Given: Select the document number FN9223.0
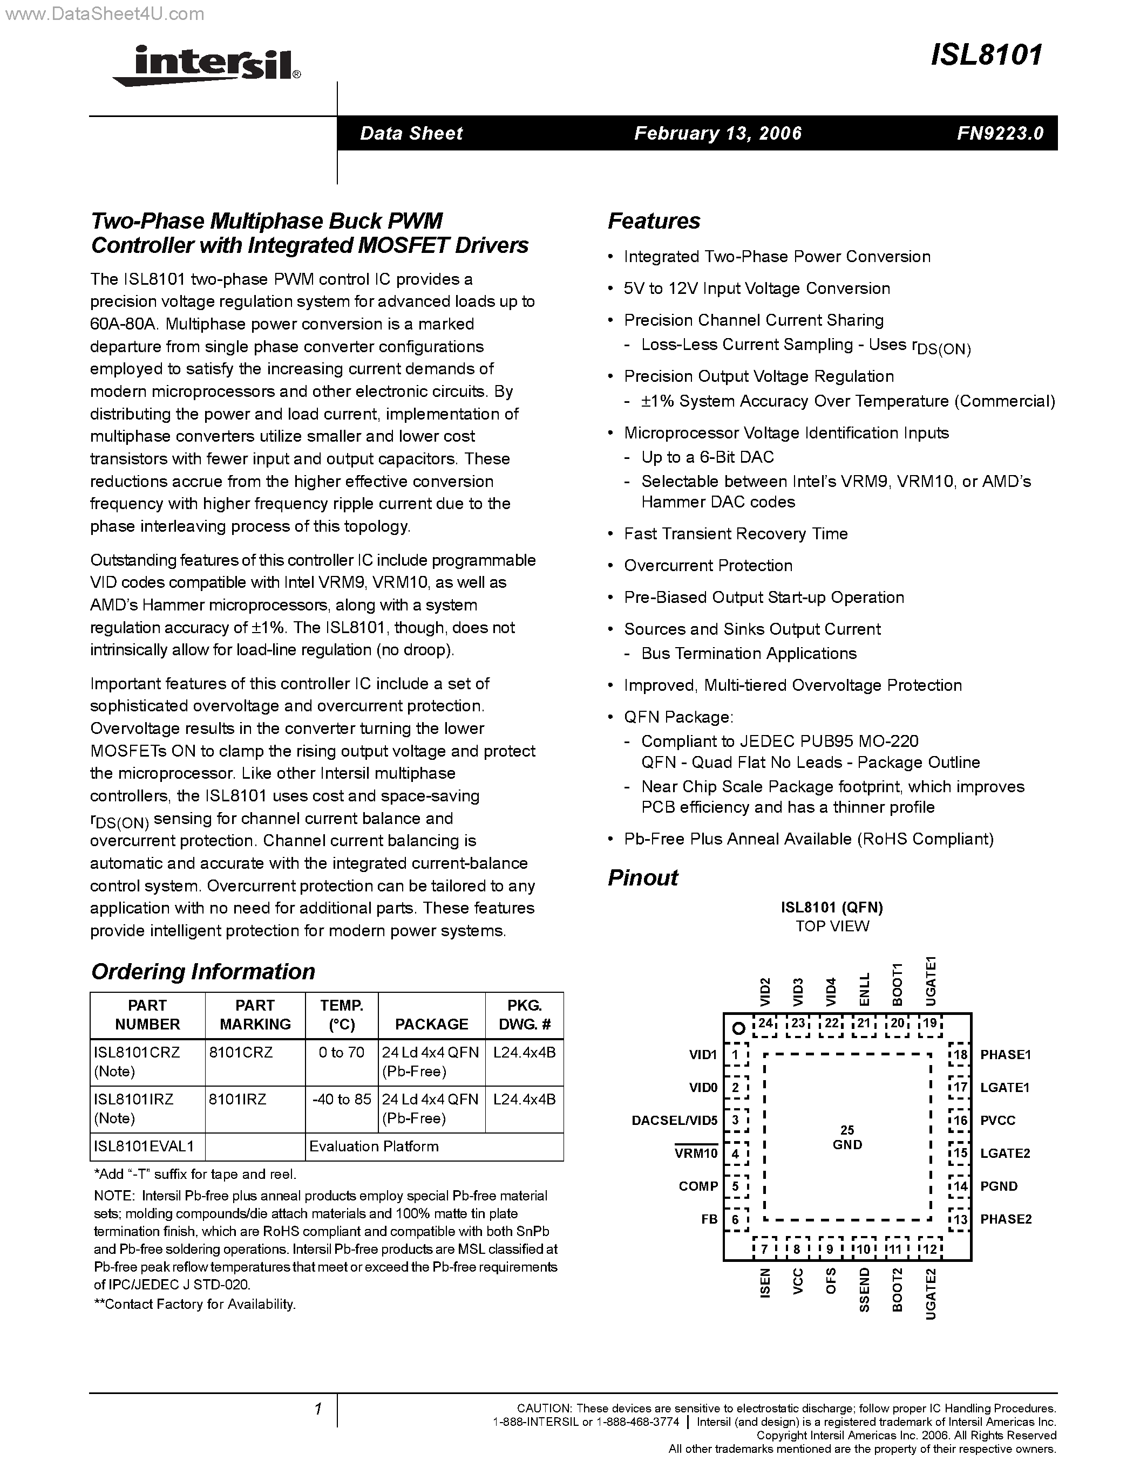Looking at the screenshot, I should click(x=1000, y=133).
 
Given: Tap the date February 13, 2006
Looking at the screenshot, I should click(x=717, y=133).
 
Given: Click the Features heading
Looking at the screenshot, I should click(x=654, y=221).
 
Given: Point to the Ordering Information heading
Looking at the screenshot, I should click(x=202, y=972).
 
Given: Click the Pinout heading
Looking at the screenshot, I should click(x=642, y=878).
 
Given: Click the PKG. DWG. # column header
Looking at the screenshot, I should click(x=524, y=1014).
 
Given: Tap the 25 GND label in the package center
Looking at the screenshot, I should click(x=847, y=1137).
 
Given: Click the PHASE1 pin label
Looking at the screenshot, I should click(x=1006, y=1054).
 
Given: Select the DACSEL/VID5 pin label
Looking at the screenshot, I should click(x=674, y=1121).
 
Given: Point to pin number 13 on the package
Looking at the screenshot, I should click(x=960, y=1219).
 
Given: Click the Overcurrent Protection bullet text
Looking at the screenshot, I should click(x=708, y=566).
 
